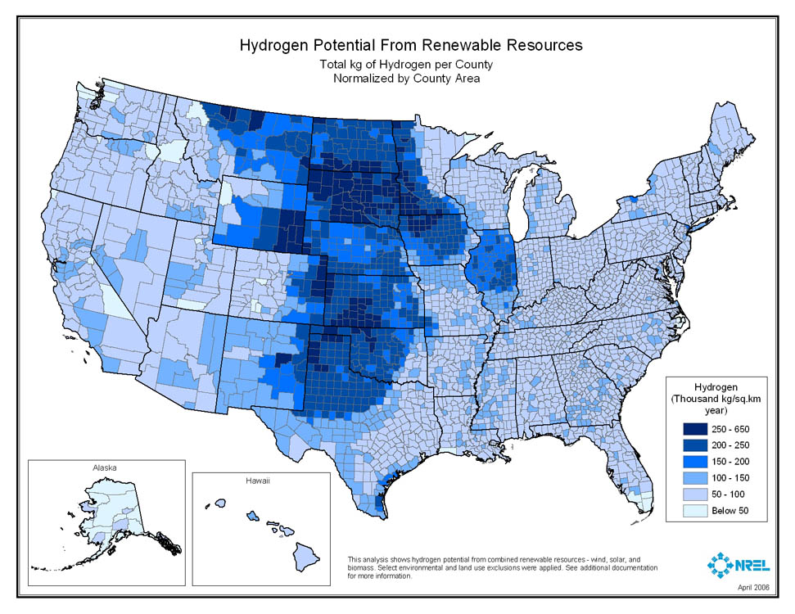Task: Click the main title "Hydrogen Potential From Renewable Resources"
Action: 410,45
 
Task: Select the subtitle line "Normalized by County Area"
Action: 406,79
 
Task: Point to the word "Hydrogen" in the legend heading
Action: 716,386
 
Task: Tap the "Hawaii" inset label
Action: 257,481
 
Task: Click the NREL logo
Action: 737,564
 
